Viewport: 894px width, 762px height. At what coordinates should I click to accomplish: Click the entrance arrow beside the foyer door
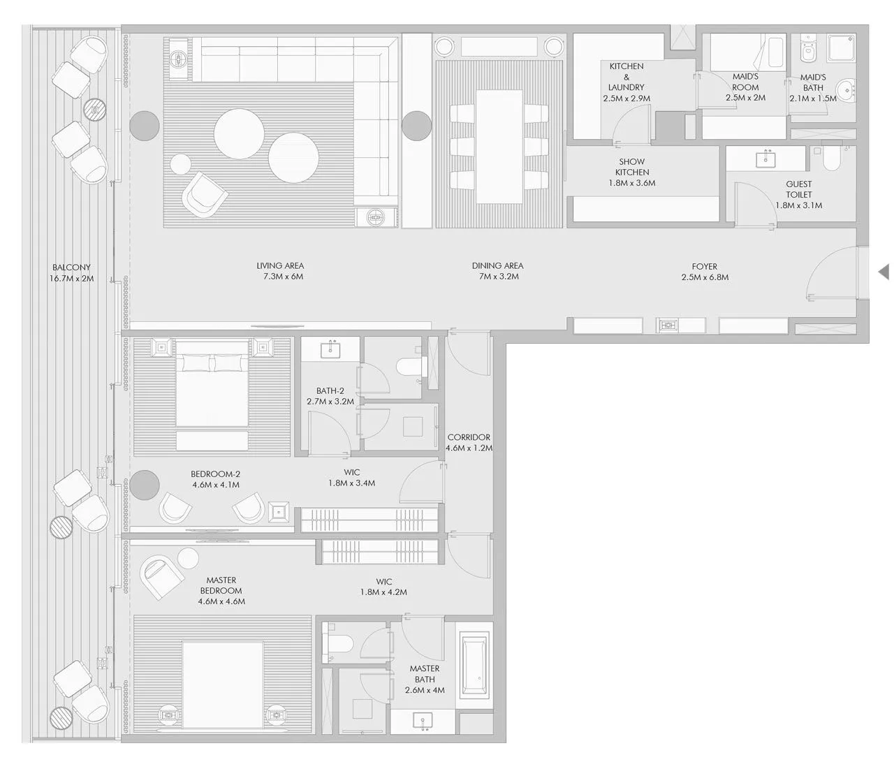click(x=884, y=272)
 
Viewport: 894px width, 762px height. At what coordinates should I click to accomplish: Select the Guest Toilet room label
click(x=798, y=189)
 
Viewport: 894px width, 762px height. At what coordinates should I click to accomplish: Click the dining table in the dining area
click(x=499, y=147)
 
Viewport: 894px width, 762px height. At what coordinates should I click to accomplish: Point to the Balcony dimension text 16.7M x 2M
click(x=71, y=279)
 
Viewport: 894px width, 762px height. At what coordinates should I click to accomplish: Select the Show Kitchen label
click(x=632, y=167)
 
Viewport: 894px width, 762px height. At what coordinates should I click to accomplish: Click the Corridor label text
click(x=469, y=437)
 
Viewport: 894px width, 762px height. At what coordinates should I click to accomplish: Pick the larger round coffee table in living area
click(x=239, y=133)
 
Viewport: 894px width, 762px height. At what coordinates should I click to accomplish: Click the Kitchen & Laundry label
click(x=626, y=77)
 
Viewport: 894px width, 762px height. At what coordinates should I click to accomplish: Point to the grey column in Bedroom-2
click(x=145, y=485)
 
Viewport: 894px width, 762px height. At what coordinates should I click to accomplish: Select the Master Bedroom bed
click(x=223, y=684)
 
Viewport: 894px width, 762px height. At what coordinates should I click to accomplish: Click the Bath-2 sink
click(x=330, y=349)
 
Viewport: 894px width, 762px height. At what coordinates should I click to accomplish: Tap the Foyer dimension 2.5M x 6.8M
click(x=705, y=277)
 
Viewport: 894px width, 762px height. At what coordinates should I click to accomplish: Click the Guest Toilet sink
click(x=765, y=159)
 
